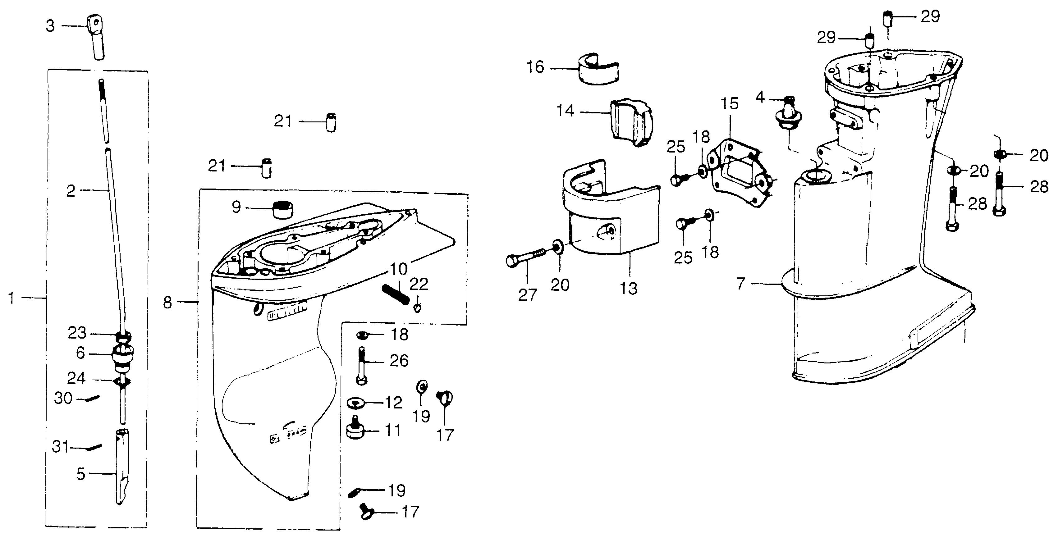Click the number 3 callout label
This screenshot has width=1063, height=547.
click(50, 26)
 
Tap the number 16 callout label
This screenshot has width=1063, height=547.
click(535, 67)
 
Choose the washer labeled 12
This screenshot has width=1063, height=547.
click(355, 402)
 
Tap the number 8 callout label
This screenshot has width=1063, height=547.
click(167, 303)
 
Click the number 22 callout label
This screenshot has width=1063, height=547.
click(419, 285)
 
